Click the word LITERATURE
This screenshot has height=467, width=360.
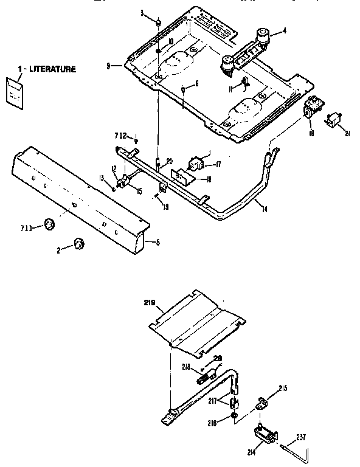(x=51, y=69)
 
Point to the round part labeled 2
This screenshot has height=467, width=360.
(x=78, y=244)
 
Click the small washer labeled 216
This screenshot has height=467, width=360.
(x=234, y=418)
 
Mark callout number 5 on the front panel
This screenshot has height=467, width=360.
(x=157, y=241)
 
